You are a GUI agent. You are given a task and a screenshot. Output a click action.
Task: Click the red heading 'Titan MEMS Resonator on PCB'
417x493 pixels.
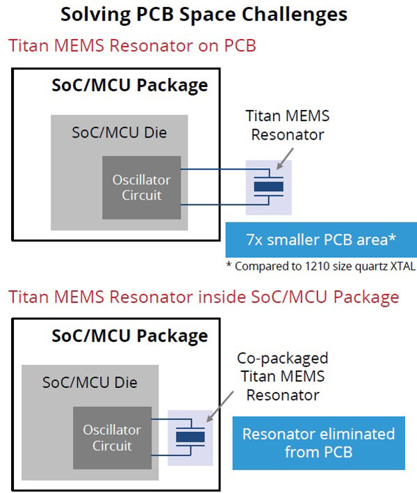[x=132, y=47]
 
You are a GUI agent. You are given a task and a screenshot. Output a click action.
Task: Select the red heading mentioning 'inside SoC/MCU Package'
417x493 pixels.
[x=204, y=297]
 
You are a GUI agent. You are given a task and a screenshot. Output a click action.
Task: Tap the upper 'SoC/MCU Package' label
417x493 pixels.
[x=129, y=86]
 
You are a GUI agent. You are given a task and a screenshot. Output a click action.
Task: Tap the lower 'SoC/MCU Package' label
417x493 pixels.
[x=129, y=336]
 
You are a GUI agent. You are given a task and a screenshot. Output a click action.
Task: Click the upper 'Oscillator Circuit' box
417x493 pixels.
[x=141, y=187]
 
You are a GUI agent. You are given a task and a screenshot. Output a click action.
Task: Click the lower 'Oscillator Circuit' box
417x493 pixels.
[x=112, y=437]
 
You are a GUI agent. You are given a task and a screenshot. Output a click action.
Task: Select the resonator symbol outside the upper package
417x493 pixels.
[x=268, y=187]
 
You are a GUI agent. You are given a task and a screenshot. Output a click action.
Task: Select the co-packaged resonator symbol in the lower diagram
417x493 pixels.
[x=190, y=437]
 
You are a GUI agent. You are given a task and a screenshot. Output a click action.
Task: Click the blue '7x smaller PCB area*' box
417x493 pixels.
[x=320, y=241]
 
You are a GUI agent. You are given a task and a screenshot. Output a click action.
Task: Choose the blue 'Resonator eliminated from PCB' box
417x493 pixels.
[x=318, y=443]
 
